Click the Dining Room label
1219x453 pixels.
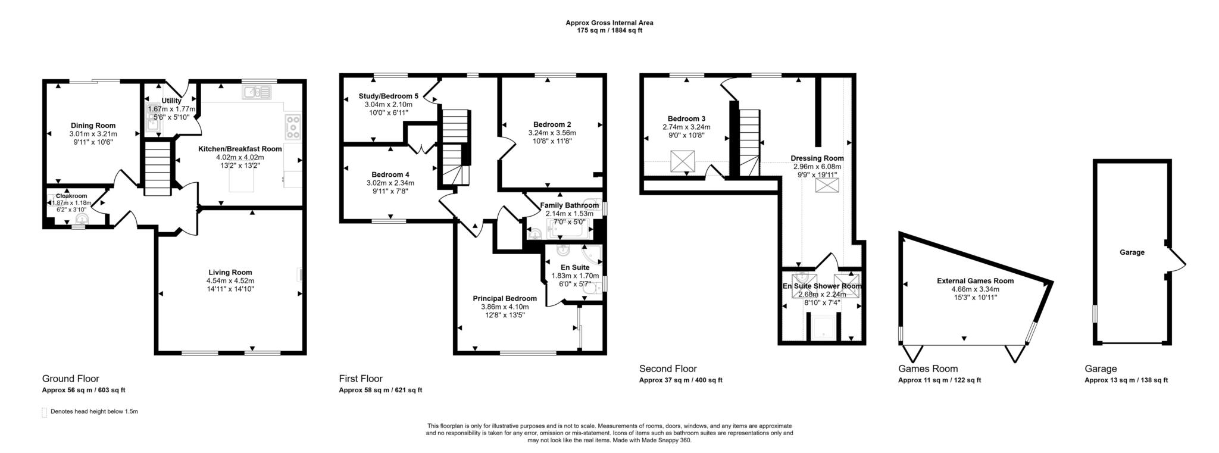click(x=93, y=126)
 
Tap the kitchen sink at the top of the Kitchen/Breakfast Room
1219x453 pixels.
click(x=257, y=92)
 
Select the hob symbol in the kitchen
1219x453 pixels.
click(x=293, y=127)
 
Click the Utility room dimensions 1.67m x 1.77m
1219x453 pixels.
click(x=171, y=109)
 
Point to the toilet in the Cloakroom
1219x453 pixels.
click(x=82, y=218)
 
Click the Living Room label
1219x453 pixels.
click(x=230, y=273)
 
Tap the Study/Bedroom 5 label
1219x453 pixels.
click(x=388, y=96)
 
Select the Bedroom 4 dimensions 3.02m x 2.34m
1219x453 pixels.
click(x=390, y=183)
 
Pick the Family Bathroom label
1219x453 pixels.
click(x=569, y=205)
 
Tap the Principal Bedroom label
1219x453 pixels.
click(x=505, y=298)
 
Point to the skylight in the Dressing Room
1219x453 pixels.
click(x=825, y=186)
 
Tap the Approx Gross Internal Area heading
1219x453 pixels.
click(x=609, y=23)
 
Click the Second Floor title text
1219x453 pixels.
click(x=667, y=368)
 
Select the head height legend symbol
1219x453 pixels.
click(x=44, y=412)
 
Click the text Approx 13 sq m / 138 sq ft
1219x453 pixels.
click(x=1126, y=380)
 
